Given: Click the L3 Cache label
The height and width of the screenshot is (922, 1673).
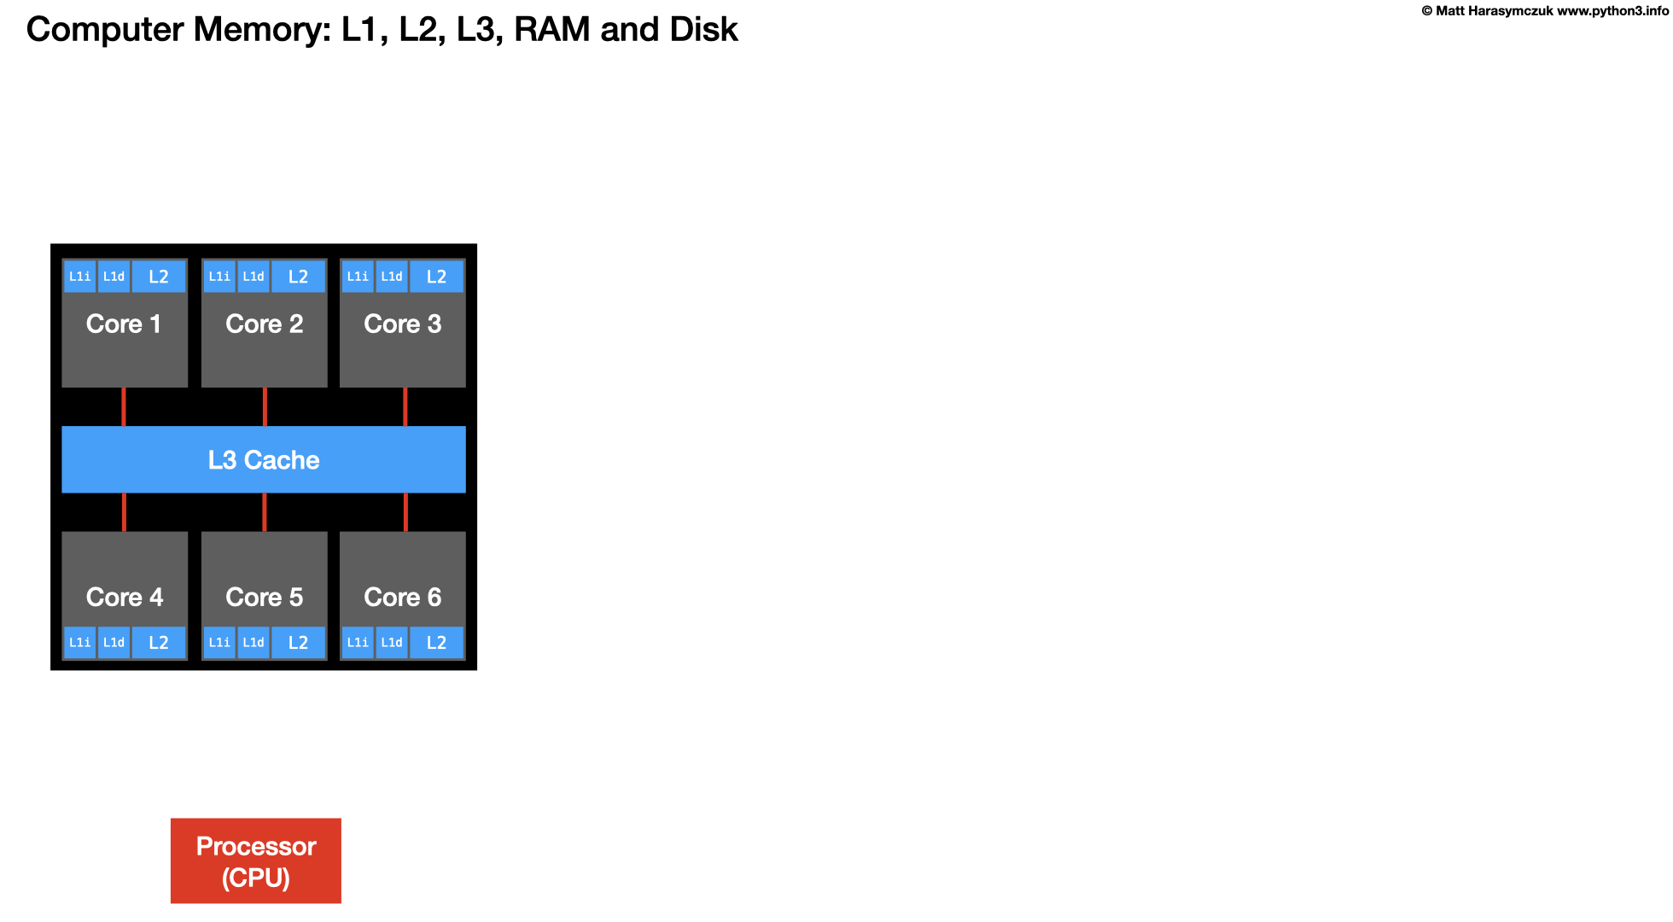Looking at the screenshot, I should coord(264,460).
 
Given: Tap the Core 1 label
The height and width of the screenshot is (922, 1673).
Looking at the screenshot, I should coord(124,324).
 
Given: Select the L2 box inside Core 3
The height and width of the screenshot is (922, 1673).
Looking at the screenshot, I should coord(436,277).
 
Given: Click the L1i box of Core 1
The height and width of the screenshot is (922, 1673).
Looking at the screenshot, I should coord(79,277).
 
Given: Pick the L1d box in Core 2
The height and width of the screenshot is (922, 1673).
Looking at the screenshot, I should coord(254,277).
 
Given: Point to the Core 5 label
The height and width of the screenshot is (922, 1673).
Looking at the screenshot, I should coord(264,597).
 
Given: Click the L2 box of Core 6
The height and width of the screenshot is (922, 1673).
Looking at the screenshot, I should coord(436,643).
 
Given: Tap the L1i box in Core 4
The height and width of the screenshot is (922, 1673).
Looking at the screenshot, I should coord(79,643).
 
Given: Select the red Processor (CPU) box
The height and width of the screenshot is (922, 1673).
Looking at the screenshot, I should coord(256,861).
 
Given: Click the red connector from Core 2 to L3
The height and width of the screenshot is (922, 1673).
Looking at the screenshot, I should coord(265,406).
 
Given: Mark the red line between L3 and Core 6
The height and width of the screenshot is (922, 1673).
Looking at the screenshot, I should coord(405,512).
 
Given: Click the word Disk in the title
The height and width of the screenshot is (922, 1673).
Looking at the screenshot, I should coord(703,30).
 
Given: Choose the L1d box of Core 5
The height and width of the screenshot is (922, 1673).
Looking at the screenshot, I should coord(254,643).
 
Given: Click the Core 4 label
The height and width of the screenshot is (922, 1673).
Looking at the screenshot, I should coord(125,597).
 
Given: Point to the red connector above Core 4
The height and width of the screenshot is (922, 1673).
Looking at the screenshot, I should coord(125,512).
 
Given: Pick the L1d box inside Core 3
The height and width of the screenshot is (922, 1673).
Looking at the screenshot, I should coord(392,277).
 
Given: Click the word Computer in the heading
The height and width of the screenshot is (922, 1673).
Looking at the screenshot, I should coord(105,30).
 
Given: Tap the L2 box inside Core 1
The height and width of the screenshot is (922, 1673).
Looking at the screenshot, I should coord(159,277).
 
